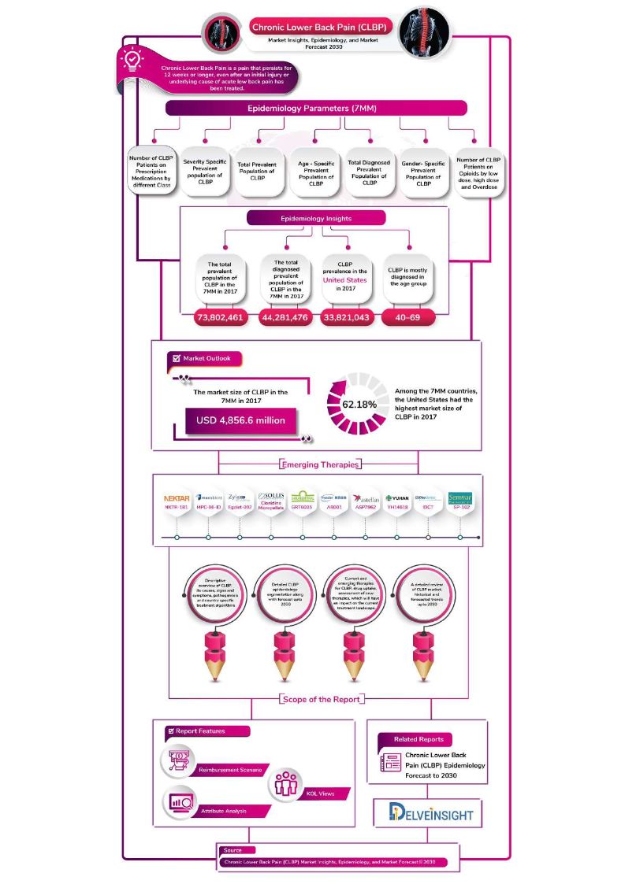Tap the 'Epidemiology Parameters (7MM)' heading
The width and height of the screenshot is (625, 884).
[316, 108]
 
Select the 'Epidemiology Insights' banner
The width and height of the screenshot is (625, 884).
[316, 218]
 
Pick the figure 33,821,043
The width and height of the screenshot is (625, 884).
[348, 317]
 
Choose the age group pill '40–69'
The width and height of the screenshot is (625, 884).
[408, 317]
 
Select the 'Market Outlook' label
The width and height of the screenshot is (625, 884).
[206, 358]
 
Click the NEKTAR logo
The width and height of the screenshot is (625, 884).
[177, 498]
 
